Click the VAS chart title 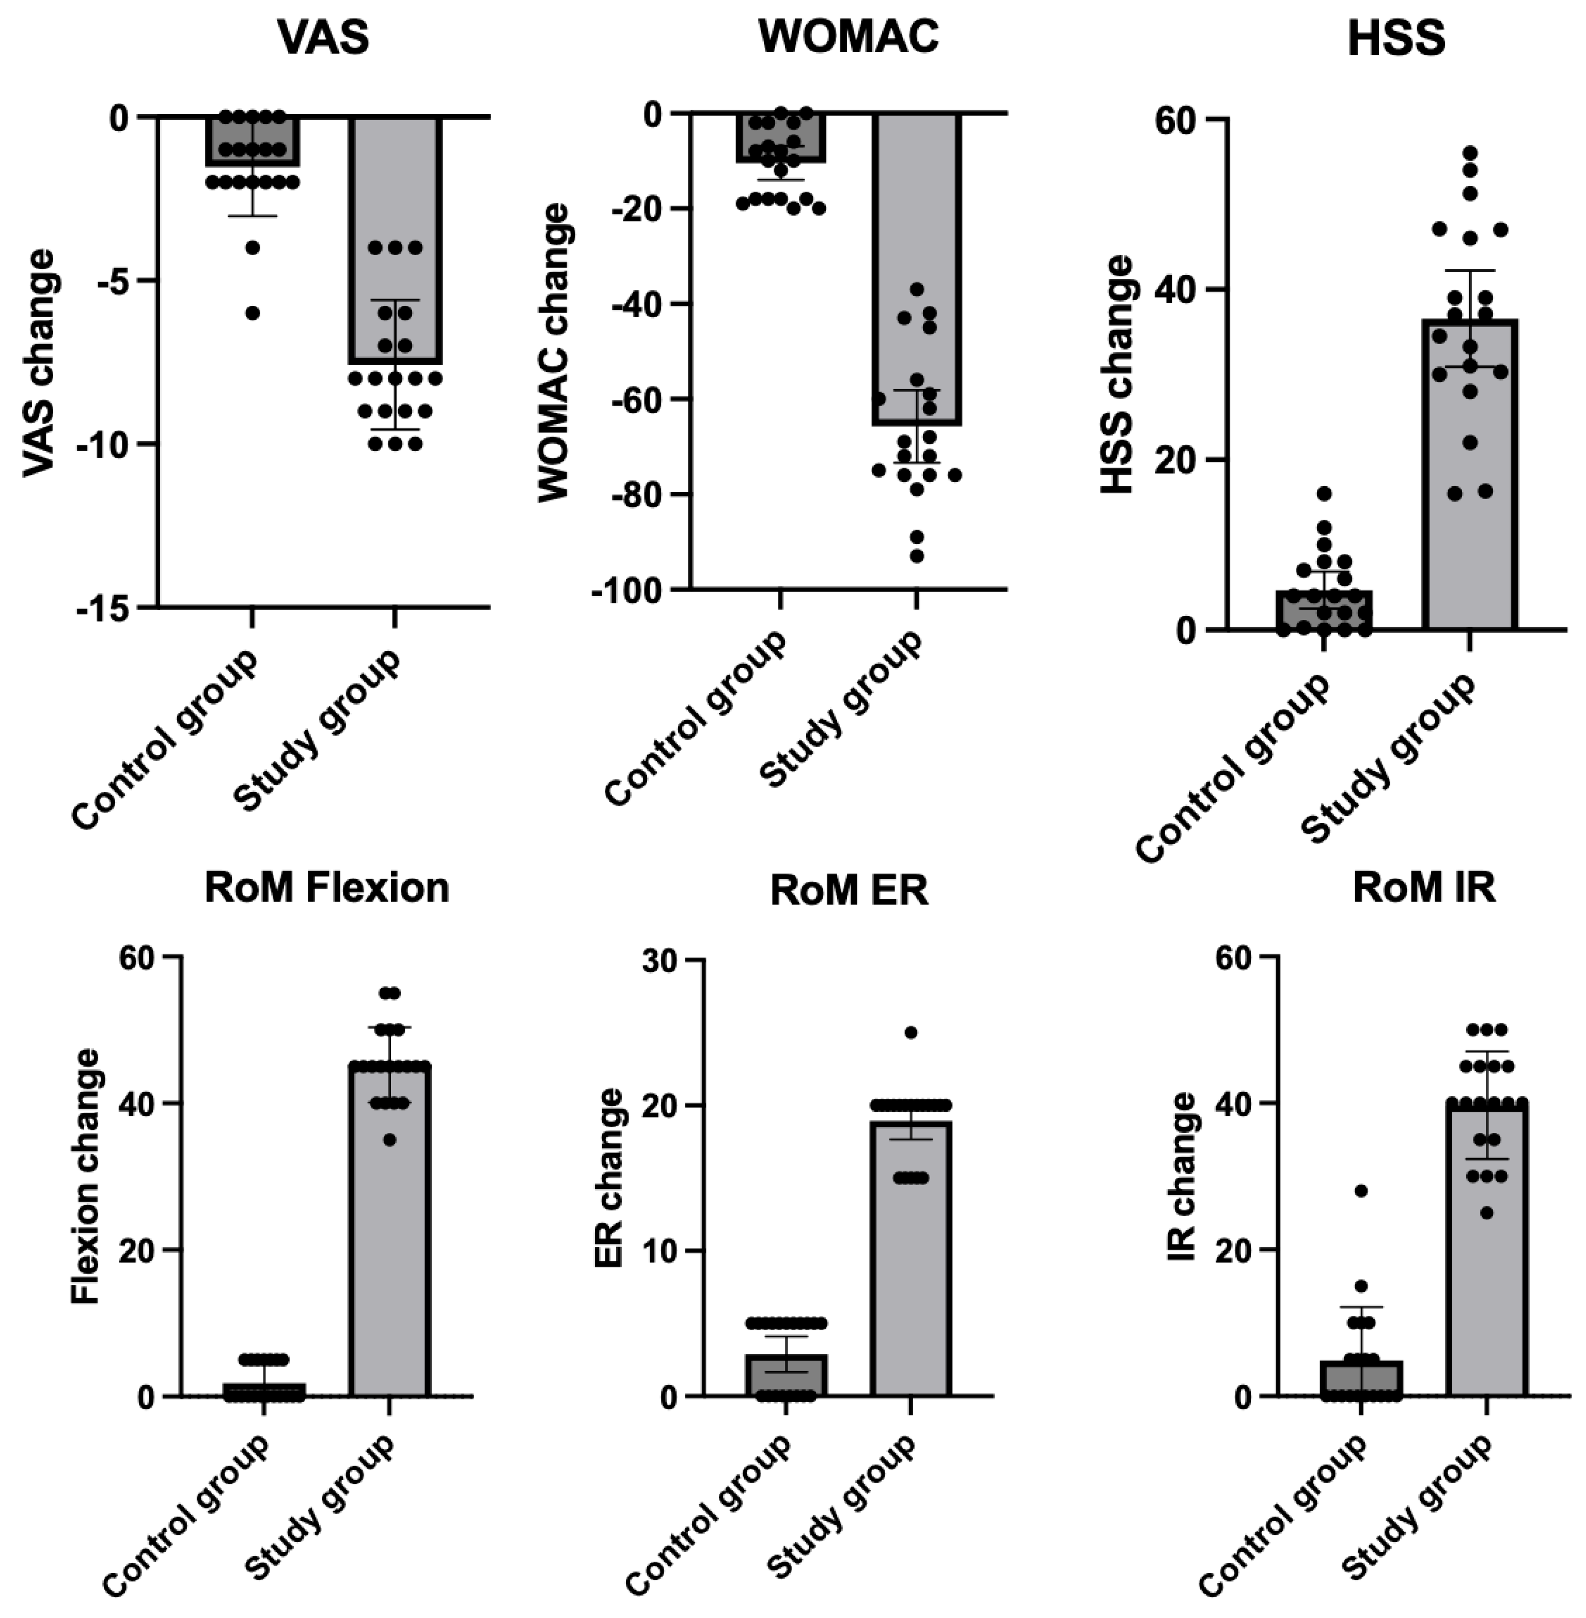pos(323,38)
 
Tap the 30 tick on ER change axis pos(663,960)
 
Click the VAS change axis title pos(38,363)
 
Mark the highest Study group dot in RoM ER pos(910,1032)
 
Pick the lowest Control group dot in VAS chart pos(253,313)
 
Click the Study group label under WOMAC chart pos(841,709)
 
